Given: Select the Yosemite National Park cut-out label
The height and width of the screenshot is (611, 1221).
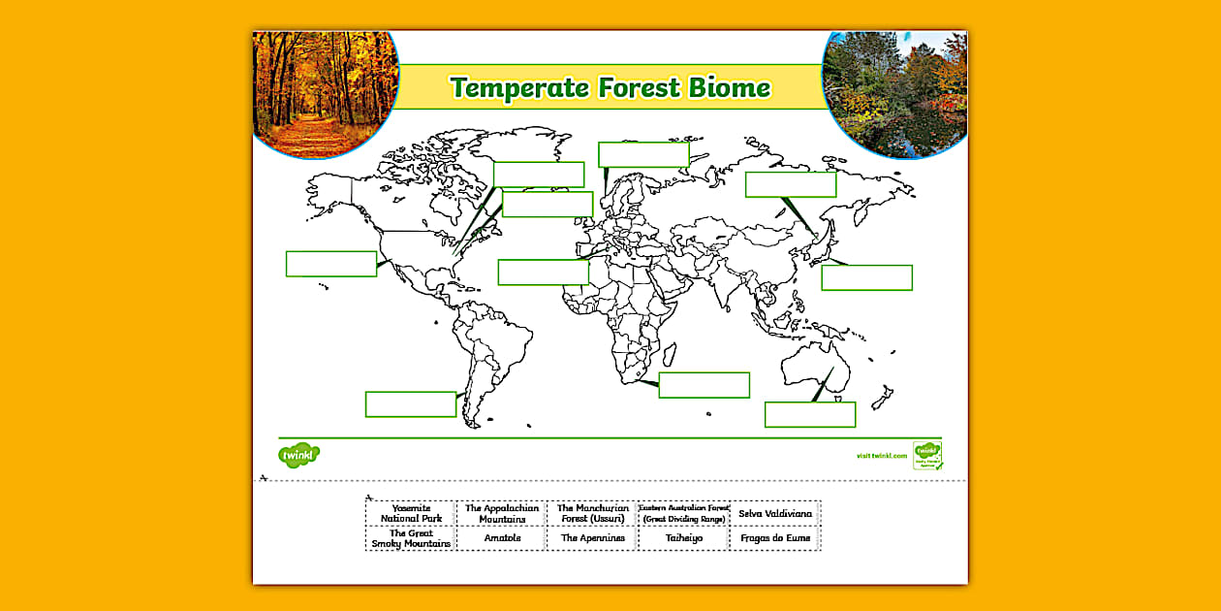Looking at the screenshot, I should (411, 513).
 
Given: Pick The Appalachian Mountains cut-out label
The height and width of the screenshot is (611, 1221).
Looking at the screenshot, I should (501, 513).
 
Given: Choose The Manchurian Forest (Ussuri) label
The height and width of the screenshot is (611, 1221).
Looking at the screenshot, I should (592, 513).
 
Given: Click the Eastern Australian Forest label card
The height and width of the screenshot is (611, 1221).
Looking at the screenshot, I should (683, 513).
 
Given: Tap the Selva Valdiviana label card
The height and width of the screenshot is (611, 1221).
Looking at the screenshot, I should (774, 513).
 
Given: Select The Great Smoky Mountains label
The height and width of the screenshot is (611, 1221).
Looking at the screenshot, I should (411, 538).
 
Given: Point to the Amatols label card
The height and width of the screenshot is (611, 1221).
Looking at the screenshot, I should (501, 538).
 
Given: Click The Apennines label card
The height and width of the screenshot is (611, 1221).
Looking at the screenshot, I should (592, 538).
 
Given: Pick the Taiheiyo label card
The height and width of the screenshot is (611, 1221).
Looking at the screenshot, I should (683, 538).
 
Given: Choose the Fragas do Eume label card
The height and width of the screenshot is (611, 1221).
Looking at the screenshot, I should (774, 538).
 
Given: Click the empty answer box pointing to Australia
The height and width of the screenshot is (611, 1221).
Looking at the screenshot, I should (809, 414).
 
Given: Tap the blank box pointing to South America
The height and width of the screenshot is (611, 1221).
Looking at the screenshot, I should (410, 404).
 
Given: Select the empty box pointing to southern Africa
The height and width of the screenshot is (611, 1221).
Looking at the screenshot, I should (704, 385).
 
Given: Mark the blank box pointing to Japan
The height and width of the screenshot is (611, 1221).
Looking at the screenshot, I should (866, 277).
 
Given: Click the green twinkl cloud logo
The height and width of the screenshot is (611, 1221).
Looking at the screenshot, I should (298, 454).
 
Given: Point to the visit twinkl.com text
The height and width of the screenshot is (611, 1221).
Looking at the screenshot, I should (881, 455).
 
